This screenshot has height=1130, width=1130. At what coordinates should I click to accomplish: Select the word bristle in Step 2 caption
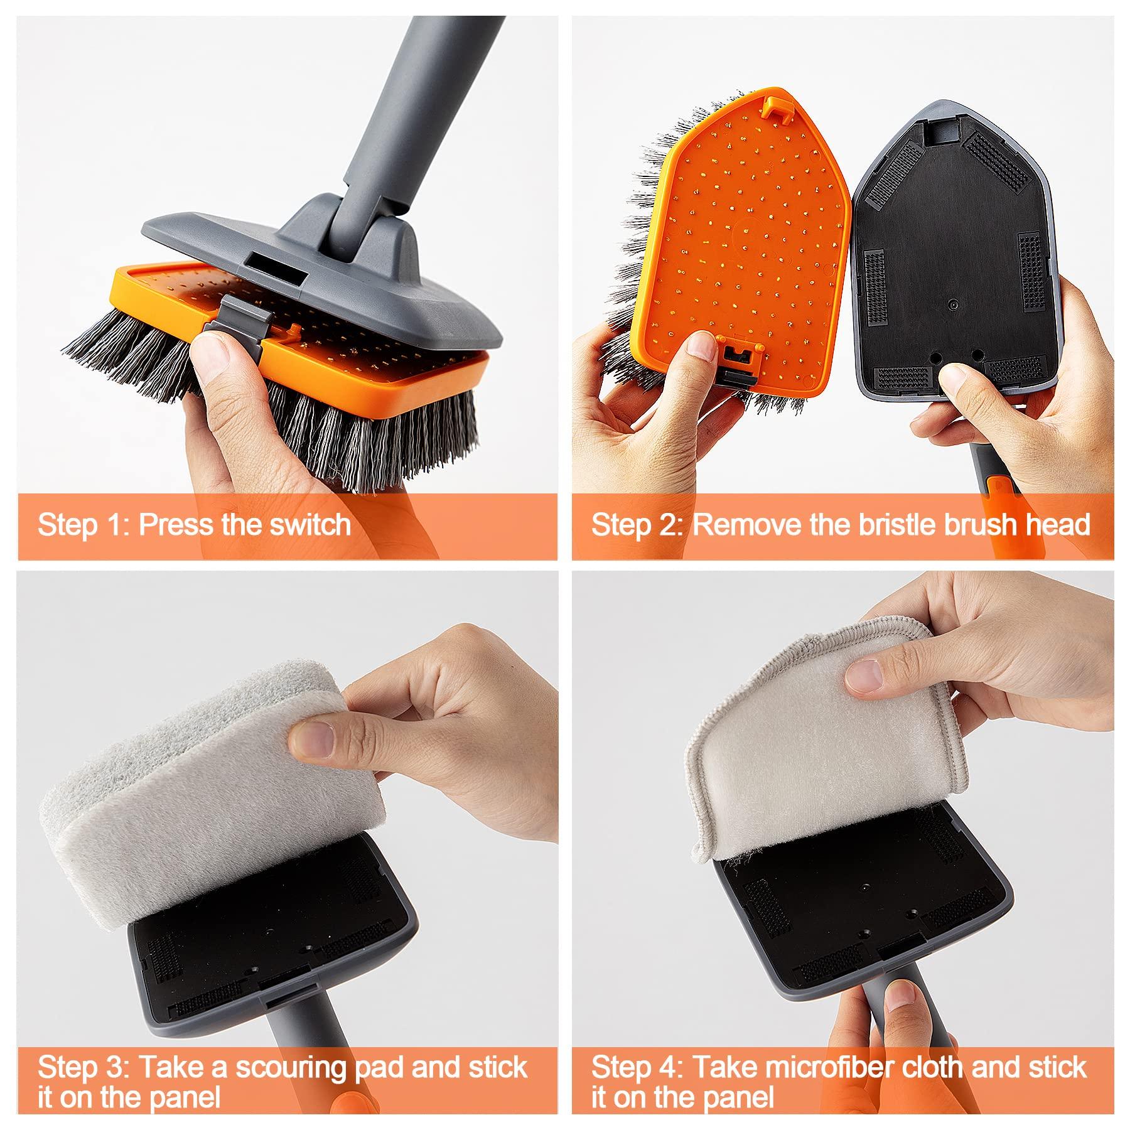tap(895, 525)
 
